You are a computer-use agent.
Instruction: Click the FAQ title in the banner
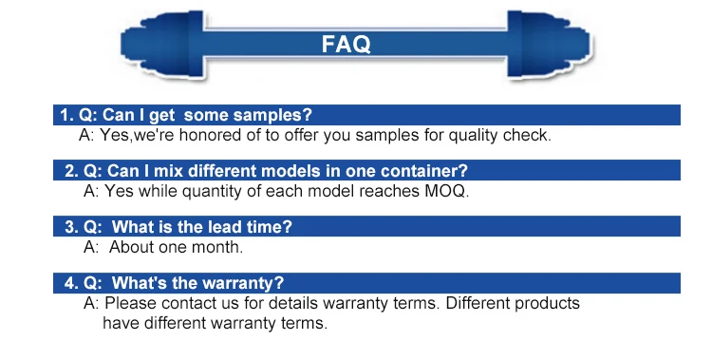pyautogui.click(x=346, y=44)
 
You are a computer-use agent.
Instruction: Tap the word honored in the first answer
pyautogui.click(x=210, y=135)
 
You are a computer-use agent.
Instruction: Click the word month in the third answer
pyautogui.click(x=219, y=247)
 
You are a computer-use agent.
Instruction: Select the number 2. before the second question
pyautogui.click(x=71, y=171)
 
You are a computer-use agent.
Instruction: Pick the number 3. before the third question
pyautogui.click(x=71, y=227)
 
